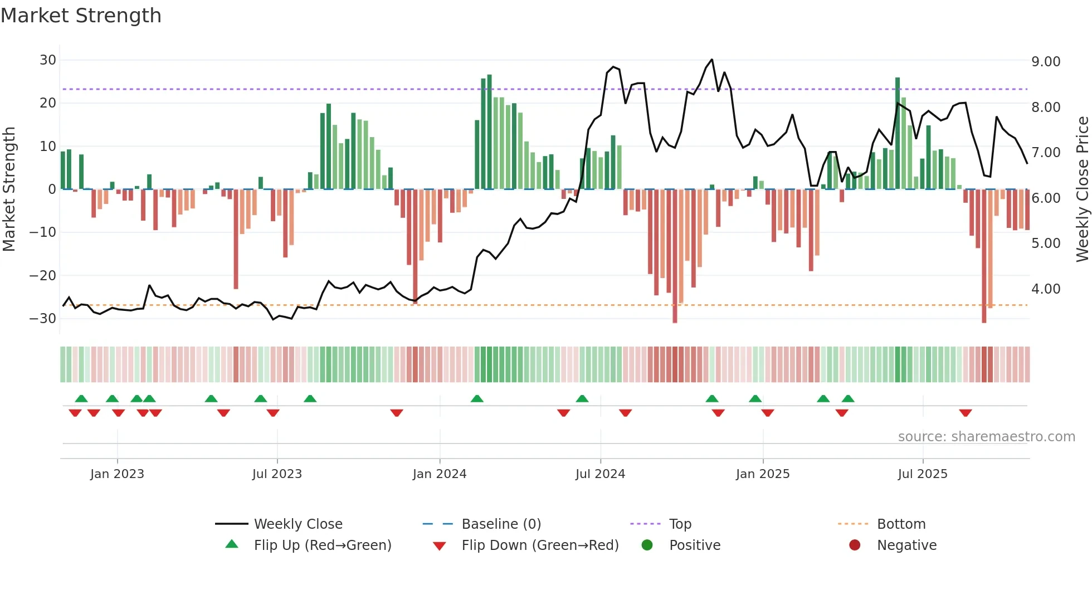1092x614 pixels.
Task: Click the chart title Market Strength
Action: [x=81, y=16]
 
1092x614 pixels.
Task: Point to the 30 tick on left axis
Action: [x=48, y=60]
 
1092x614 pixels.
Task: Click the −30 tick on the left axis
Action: [x=43, y=319]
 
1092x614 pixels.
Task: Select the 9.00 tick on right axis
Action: [x=1046, y=62]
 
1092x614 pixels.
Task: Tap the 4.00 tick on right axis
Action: [x=1046, y=289]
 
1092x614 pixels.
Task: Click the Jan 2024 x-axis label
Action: [x=439, y=474]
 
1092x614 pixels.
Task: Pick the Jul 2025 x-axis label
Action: [x=922, y=474]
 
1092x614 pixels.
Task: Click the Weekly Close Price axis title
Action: [x=1082, y=189]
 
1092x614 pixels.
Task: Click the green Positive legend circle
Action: [x=647, y=545]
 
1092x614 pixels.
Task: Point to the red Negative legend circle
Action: [x=855, y=545]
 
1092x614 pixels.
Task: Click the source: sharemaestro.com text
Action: [x=986, y=437]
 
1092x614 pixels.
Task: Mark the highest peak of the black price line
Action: [x=711, y=60]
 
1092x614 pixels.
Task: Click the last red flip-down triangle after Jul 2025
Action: [x=966, y=413]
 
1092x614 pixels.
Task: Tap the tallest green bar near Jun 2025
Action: [x=898, y=134]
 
